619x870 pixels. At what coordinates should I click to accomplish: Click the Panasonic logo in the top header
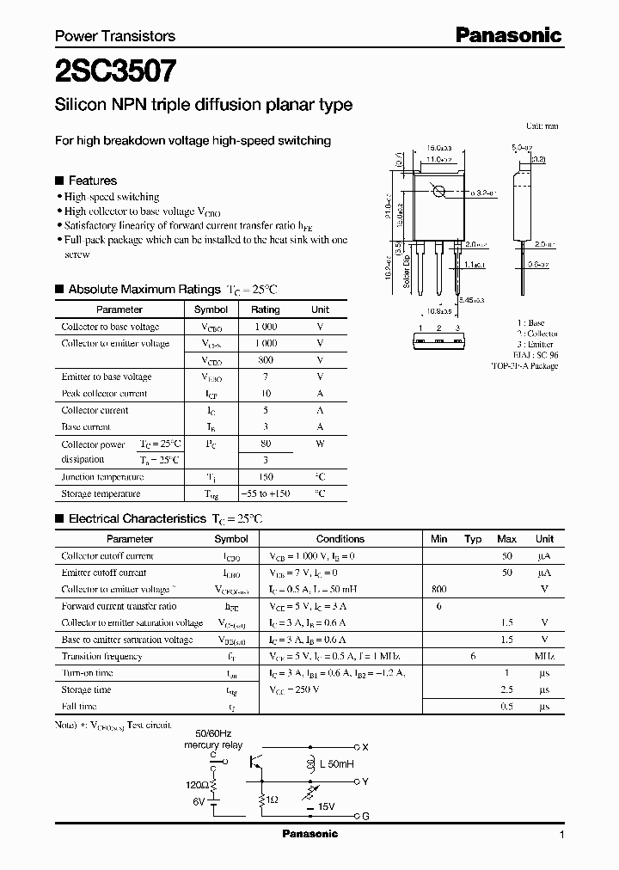[507, 35]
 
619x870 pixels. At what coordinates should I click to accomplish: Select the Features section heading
[92, 181]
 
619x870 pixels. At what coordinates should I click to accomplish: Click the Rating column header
[265, 309]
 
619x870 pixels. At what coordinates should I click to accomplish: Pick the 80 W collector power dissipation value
[265, 444]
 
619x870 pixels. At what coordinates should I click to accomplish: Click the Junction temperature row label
[102, 477]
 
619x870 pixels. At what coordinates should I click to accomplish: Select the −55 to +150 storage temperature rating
[265, 494]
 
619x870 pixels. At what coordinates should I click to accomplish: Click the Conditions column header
[340, 539]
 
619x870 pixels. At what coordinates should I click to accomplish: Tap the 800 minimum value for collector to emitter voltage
[438, 590]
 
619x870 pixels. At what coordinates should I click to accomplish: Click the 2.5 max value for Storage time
[507, 690]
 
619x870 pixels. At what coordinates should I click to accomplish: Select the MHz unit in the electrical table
[544, 657]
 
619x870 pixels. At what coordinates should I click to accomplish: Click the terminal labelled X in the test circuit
[365, 746]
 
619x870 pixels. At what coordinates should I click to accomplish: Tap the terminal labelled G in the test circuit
[365, 816]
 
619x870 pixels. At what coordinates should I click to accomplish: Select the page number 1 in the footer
[561, 835]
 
